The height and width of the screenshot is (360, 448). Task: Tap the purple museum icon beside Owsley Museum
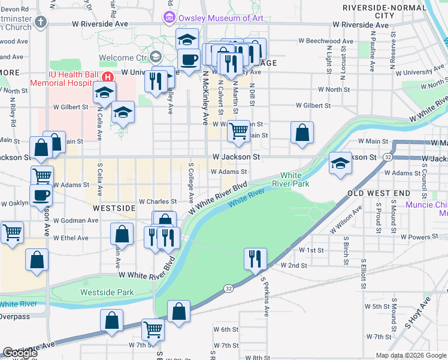click(169, 18)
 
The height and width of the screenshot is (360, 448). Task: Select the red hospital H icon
click(108, 77)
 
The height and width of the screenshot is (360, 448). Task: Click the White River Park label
click(295, 179)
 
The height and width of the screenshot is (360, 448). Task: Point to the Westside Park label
click(107, 292)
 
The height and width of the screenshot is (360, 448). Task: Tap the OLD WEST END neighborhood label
click(379, 193)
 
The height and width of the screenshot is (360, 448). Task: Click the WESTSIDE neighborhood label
click(114, 208)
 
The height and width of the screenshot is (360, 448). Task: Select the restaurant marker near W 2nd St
click(255, 259)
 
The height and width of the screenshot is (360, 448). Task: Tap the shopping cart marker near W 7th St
click(153, 329)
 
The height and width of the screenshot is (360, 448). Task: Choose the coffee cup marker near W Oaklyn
click(41, 196)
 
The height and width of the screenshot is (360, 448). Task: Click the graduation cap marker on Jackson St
click(340, 163)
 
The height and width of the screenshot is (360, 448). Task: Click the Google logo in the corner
click(20, 353)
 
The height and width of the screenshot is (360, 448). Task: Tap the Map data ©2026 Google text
click(411, 355)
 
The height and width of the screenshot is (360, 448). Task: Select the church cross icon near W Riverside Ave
click(41, 23)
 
